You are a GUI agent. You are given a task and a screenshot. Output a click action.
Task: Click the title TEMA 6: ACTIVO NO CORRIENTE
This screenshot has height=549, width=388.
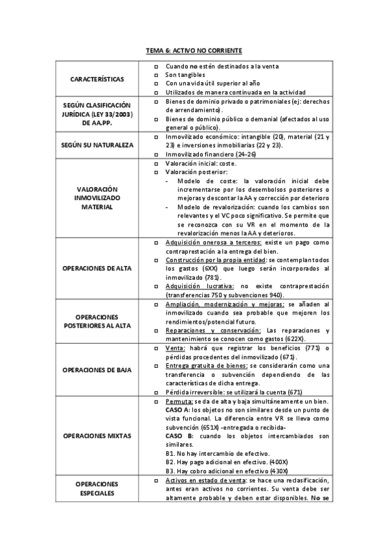[194, 50]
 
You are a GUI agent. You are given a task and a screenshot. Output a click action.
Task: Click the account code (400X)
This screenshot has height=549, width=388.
[277, 462]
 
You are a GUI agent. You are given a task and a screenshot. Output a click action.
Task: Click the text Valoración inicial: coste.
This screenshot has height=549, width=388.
[200, 164]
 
